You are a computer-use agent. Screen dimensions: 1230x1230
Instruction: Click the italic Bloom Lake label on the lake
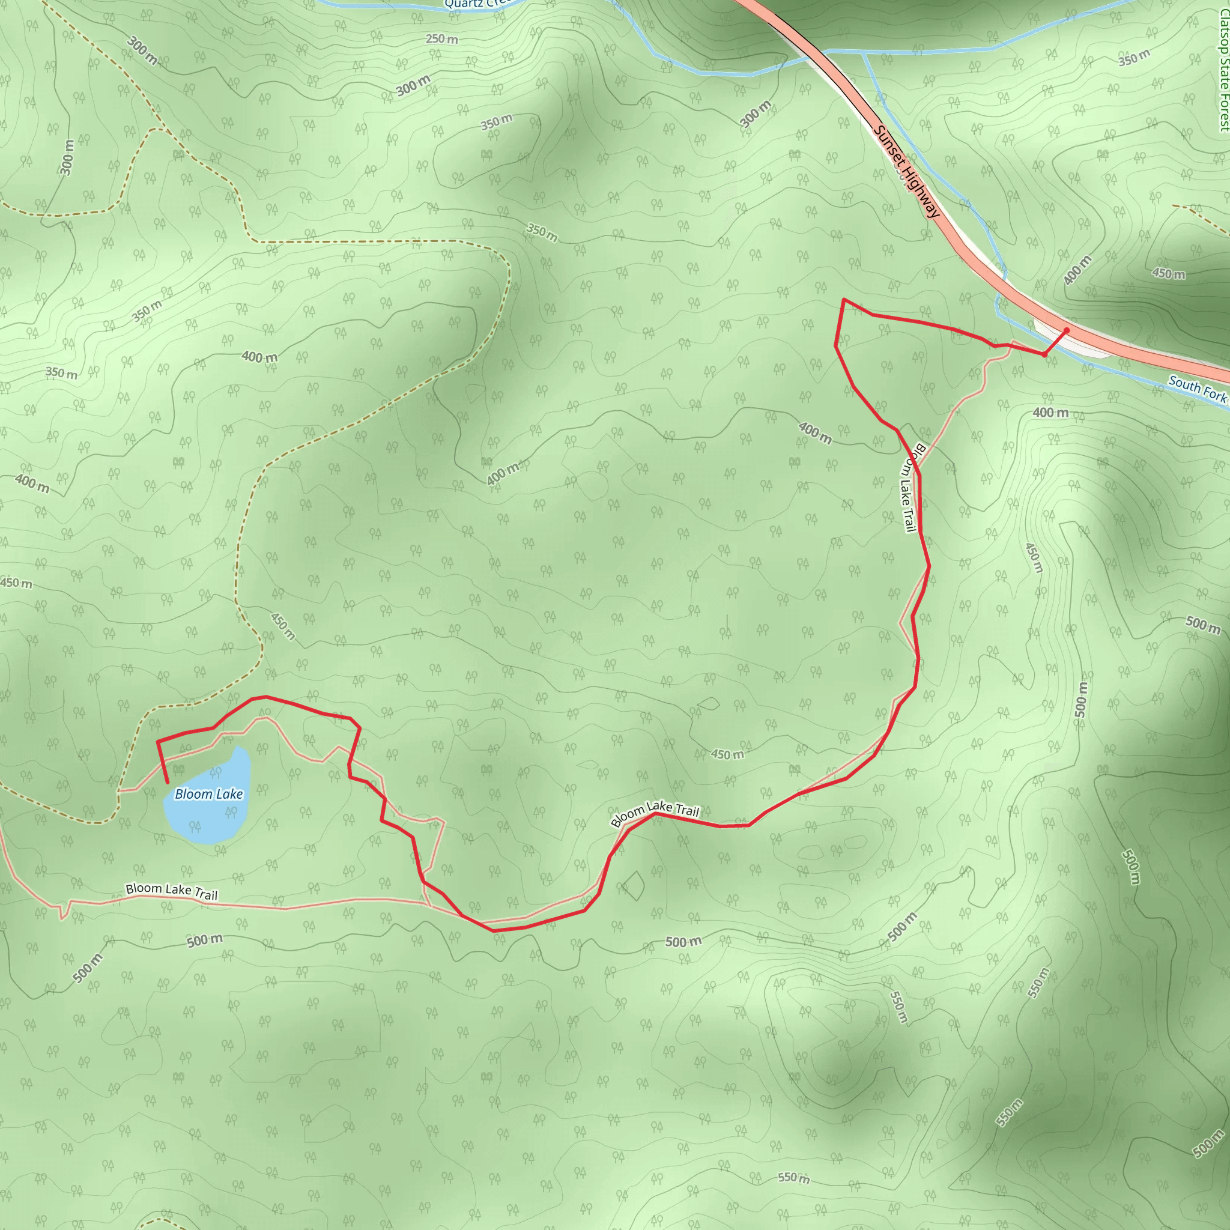pos(209,794)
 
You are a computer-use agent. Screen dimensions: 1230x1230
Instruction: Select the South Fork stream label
pos(1197,389)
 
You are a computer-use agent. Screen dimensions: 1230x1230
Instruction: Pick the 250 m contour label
pos(441,39)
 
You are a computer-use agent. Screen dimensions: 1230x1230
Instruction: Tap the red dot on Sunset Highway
pos(1067,330)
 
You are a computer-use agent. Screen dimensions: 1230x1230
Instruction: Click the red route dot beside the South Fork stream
pos(1044,354)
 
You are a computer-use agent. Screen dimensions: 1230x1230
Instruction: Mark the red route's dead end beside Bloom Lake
pos(168,783)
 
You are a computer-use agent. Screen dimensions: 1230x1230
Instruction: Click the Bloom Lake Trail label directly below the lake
pos(171,891)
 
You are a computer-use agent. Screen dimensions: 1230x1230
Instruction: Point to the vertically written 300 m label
pos(67,157)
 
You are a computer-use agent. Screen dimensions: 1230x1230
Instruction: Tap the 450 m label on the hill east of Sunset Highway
pos(1168,274)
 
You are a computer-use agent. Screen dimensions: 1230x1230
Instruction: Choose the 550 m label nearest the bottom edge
pos(793,1178)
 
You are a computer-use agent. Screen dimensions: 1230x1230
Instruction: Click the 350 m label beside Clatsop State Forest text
pos(1134,58)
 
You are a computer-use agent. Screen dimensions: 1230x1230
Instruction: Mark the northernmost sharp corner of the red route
pos(844,299)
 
